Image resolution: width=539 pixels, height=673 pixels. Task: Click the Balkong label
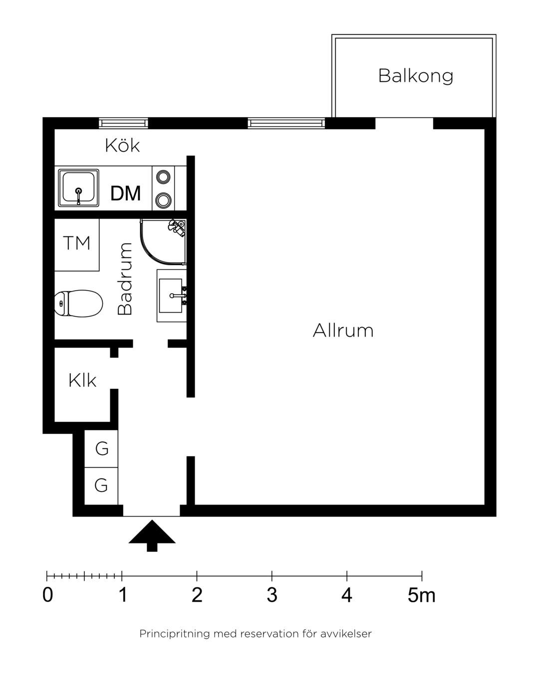tap(416, 76)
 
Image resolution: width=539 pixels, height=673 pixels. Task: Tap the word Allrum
tap(343, 330)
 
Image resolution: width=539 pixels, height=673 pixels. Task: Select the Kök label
tap(122, 145)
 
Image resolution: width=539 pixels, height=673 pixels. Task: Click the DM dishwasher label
tap(125, 193)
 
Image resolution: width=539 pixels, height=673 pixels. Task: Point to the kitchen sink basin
tap(79, 188)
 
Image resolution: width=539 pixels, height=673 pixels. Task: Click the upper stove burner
tap(163, 176)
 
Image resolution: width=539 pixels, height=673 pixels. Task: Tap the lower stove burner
tap(163, 199)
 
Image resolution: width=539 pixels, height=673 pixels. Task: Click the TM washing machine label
tap(76, 243)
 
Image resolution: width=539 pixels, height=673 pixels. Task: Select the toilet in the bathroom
tap(79, 304)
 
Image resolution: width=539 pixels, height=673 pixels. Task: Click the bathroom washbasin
tap(172, 296)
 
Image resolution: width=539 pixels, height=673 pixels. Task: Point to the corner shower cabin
tap(163, 241)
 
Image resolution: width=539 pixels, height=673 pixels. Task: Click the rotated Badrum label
tap(125, 278)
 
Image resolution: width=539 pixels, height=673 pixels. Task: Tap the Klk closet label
tap(82, 380)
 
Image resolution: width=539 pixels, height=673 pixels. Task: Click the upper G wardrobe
tap(101, 449)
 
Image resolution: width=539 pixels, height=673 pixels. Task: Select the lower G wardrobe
tap(101, 486)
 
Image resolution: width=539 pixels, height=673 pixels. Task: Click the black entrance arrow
tap(152, 536)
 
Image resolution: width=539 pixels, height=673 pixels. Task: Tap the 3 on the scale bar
tap(272, 595)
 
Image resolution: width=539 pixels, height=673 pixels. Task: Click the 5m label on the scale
tap(421, 595)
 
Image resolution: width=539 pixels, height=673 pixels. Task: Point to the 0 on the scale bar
tap(47, 595)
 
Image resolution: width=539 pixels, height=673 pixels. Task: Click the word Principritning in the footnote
tap(175, 634)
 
